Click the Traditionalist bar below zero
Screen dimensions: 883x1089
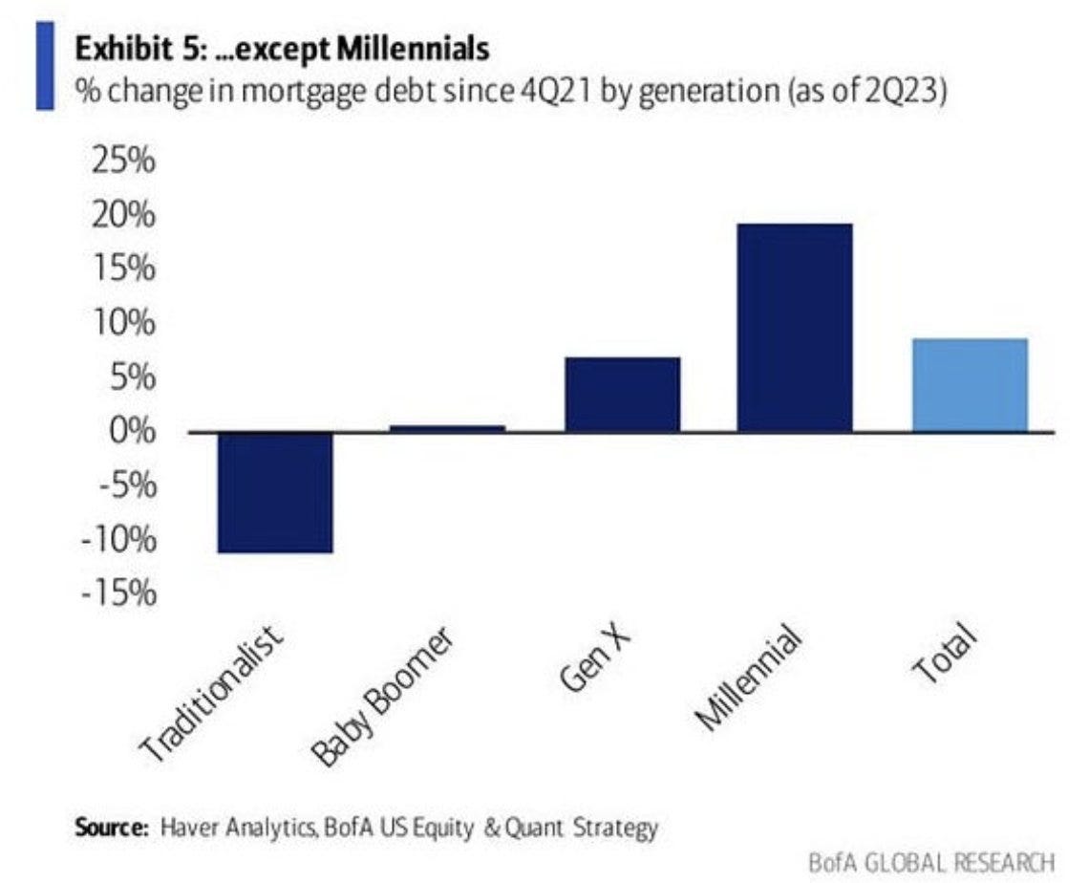coord(275,492)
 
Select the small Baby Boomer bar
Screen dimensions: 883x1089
coord(447,428)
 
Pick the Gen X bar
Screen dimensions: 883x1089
coord(622,394)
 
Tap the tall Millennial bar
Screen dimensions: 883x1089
coord(794,327)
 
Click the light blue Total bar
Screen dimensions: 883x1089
coord(970,384)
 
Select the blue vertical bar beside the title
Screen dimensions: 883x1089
coord(45,66)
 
